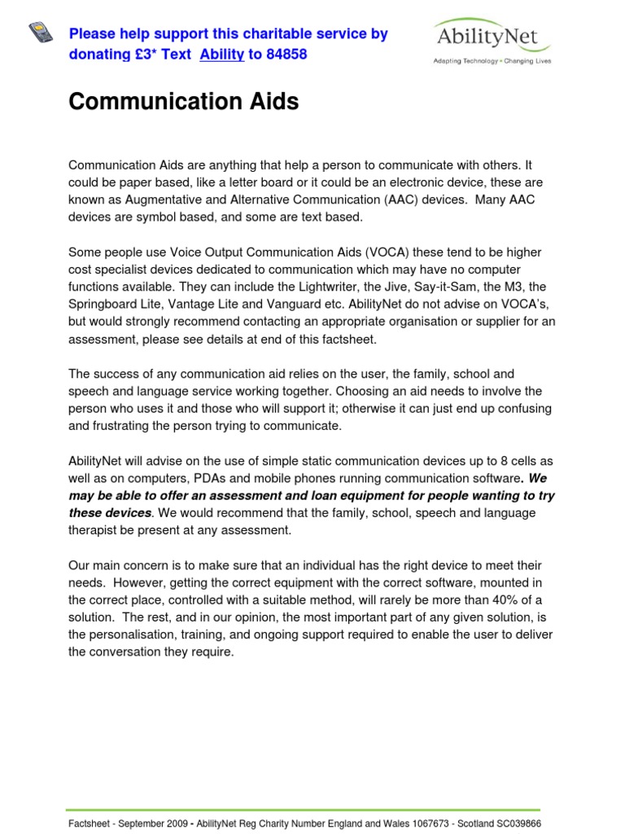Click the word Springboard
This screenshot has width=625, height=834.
(103, 305)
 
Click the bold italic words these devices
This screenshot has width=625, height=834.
(109, 513)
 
